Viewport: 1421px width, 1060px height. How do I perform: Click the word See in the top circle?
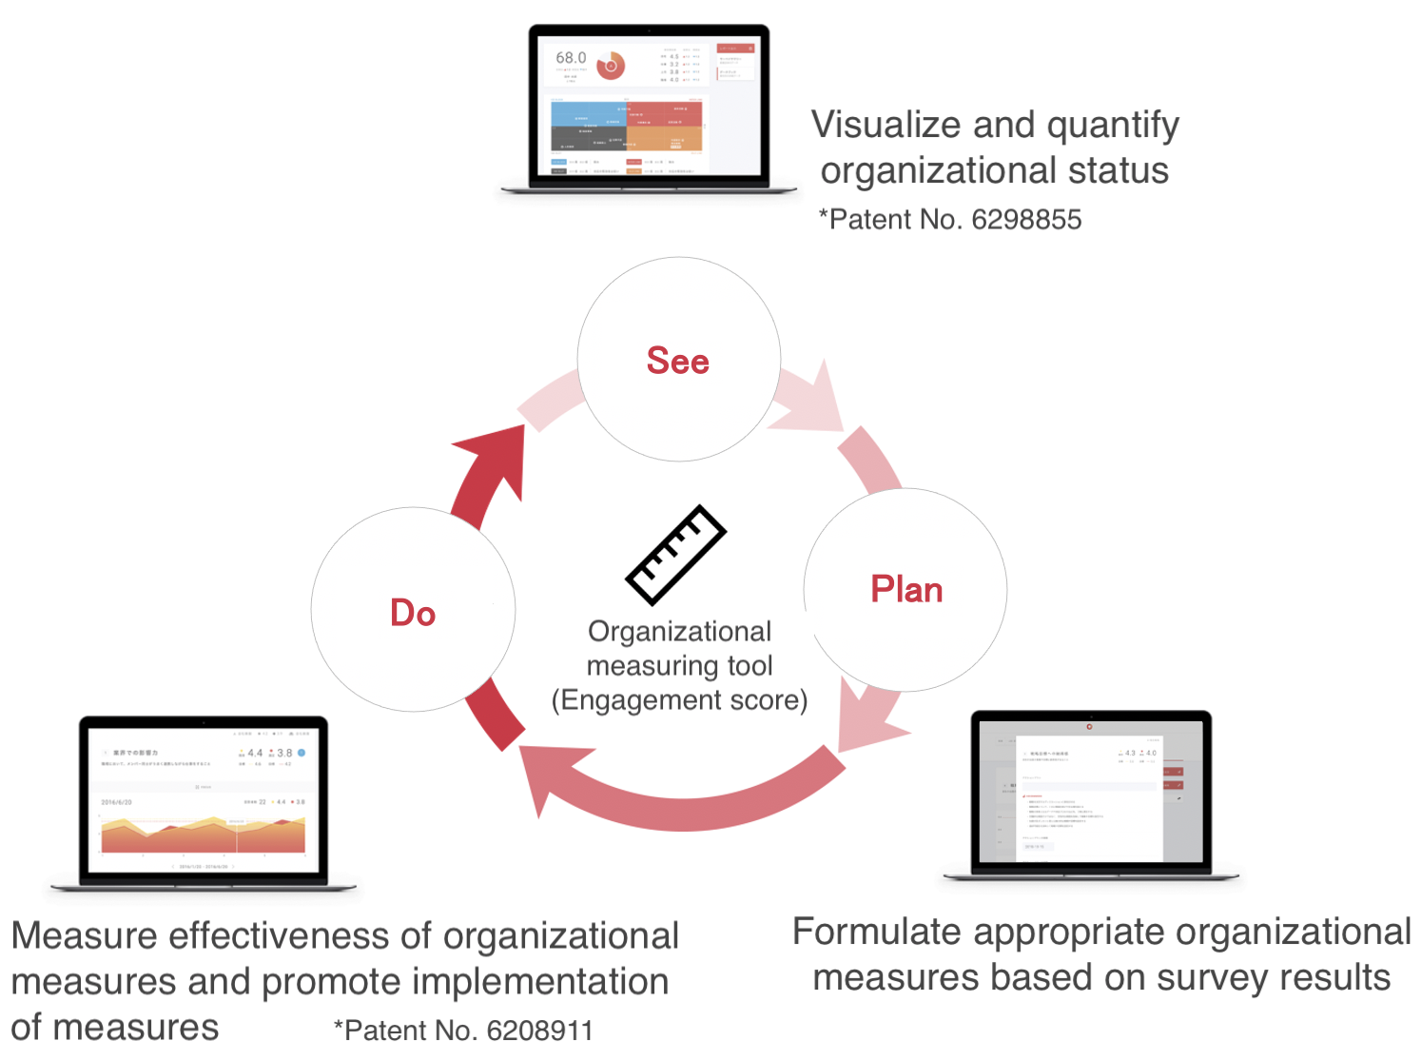677,362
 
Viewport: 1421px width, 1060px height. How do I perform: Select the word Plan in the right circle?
906,590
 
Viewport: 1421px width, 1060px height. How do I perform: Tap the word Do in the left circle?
413,613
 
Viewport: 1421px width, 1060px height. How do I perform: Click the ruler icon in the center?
675,555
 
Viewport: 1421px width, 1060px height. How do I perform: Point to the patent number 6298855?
1026,220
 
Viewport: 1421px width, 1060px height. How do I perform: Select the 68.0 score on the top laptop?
571,58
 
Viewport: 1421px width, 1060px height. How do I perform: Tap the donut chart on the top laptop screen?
611,66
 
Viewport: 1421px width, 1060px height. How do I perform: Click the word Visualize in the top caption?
886,125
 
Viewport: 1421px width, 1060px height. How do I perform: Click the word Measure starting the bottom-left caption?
84,936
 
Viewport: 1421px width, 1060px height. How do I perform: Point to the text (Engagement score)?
679,700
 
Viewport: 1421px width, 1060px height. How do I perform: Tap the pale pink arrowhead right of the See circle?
813,400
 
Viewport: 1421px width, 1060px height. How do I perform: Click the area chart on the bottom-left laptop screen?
204,834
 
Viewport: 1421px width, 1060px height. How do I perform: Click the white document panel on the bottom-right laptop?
1089,799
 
